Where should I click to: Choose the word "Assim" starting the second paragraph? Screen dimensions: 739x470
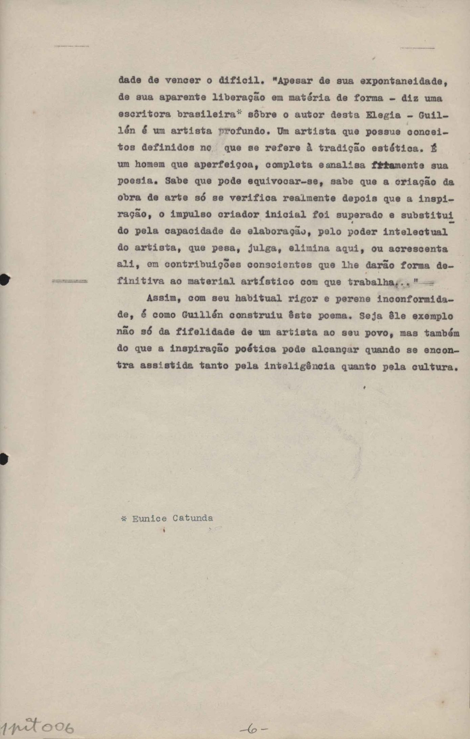(x=162, y=298)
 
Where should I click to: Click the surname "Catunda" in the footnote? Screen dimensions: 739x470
(x=193, y=518)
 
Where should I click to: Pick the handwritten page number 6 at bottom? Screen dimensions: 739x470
(x=253, y=728)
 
